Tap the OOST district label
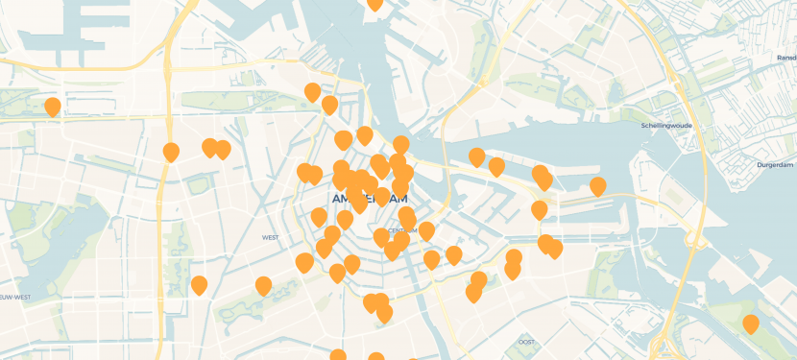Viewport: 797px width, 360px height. pyautogui.click(x=526, y=342)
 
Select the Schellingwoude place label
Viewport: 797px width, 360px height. pyautogui.click(x=667, y=125)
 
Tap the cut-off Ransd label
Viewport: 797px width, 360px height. pyautogui.click(x=786, y=58)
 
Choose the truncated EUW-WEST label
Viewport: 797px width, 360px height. pyautogui.click(x=14, y=298)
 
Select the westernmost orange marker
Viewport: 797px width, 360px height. pyautogui.click(x=53, y=107)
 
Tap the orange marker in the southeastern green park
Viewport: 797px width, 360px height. pyautogui.click(x=751, y=324)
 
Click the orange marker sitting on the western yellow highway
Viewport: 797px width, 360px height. pyautogui.click(x=171, y=152)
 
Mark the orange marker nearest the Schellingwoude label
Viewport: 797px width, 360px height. pyautogui.click(x=597, y=186)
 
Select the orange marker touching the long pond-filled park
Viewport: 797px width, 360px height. pyautogui.click(x=263, y=285)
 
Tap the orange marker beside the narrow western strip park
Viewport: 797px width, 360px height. pyautogui.click(x=199, y=285)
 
